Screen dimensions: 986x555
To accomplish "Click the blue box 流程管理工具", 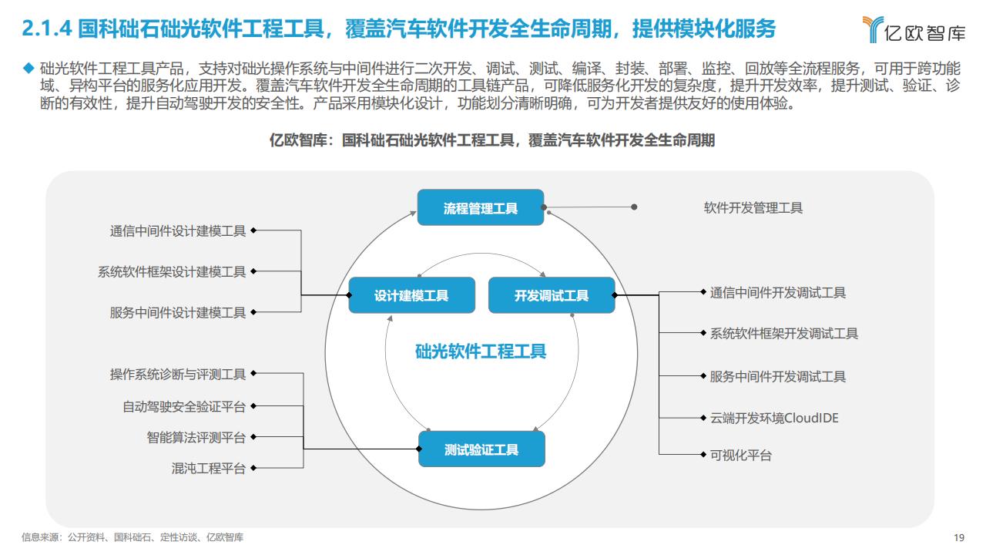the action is pyautogui.click(x=481, y=207).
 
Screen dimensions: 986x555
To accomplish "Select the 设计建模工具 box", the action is pyautogui.click(x=411, y=295).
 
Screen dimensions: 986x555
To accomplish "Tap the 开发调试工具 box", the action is pyautogui.click(x=552, y=295).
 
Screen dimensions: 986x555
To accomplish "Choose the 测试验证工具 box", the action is pyautogui.click(x=481, y=449).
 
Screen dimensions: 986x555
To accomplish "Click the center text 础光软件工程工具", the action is pyautogui.click(x=481, y=351).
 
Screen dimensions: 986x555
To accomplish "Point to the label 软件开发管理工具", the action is pyautogui.click(x=753, y=207).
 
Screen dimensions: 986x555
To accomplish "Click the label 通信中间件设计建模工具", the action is pyautogui.click(x=178, y=230).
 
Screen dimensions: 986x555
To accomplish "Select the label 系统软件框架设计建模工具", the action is pyautogui.click(x=172, y=271).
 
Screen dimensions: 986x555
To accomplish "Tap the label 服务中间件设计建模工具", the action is pyautogui.click(x=178, y=312).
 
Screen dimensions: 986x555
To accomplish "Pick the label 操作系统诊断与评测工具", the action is pyautogui.click(x=178, y=374).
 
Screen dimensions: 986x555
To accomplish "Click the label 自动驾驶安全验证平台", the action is pyautogui.click(x=184, y=406).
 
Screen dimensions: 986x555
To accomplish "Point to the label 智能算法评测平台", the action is pyautogui.click(x=196, y=437).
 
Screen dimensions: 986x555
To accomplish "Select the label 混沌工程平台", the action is pyautogui.click(x=209, y=468).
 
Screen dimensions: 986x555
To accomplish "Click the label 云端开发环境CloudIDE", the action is pyautogui.click(x=774, y=418).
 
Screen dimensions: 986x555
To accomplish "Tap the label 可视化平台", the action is pyautogui.click(x=741, y=455).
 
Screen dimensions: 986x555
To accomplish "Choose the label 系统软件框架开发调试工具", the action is pyautogui.click(x=784, y=334).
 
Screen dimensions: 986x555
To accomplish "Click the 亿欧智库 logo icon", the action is pyautogui.click(x=873, y=29).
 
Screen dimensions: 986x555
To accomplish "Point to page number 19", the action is pyautogui.click(x=959, y=537).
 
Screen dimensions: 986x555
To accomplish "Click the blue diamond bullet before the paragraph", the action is pyautogui.click(x=29, y=68).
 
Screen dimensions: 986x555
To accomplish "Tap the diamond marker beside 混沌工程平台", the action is pyautogui.click(x=253, y=468).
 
